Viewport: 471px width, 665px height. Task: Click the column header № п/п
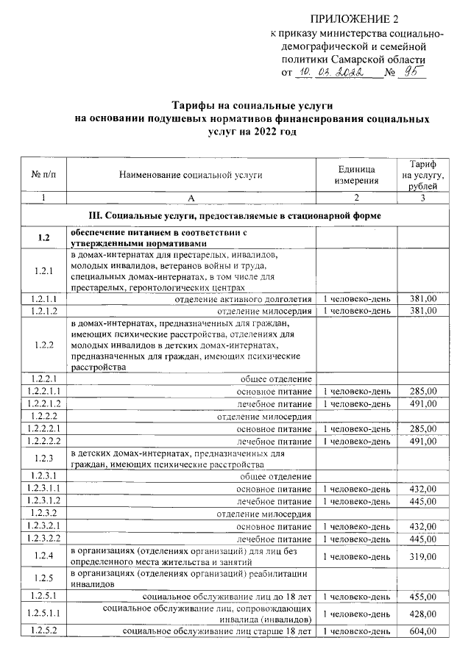[x=44, y=174]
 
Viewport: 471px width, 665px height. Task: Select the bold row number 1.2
[x=44, y=238]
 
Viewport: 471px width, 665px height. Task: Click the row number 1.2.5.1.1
[x=44, y=614]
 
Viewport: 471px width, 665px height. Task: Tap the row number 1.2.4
[x=44, y=557]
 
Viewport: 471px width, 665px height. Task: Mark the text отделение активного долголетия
[x=243, y=299]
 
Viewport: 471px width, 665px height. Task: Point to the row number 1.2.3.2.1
[x=44, y=527]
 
